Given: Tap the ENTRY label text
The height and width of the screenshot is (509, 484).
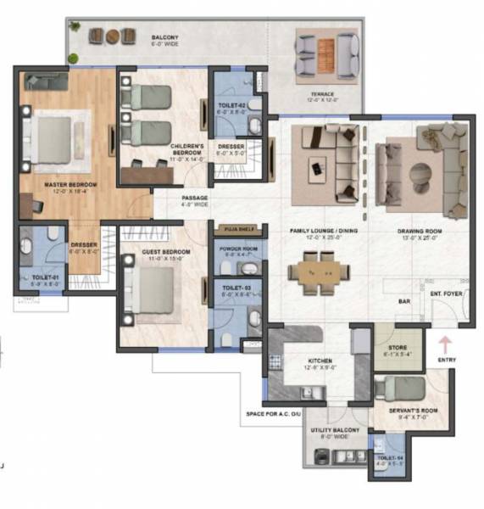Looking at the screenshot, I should [447, 360].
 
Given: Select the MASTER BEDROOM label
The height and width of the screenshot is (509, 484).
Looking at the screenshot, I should [70, 184].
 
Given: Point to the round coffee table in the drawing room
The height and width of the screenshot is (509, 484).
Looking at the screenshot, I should [420, 175].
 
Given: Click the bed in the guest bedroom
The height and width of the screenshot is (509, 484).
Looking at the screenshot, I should [155, 291].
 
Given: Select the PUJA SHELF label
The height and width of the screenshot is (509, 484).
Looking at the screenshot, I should [231, 229].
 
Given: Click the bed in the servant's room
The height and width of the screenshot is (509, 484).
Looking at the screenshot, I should [398, 389].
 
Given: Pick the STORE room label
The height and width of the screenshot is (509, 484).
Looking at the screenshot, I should [398, 347].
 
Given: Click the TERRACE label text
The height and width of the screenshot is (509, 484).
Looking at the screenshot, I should [322, 94].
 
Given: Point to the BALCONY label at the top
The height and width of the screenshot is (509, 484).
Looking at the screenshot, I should [164, 38].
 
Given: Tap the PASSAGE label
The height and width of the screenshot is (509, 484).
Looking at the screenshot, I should [194, 198].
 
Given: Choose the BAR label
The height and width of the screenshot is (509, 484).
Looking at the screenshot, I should [404, 300].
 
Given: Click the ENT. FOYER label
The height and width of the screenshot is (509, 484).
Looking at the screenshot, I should [445, 294].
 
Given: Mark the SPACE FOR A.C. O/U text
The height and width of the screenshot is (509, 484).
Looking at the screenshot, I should [277, 413].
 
